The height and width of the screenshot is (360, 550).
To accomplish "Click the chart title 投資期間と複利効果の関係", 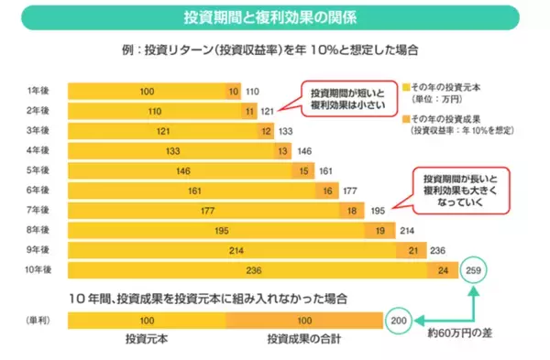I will [x=275, y=17].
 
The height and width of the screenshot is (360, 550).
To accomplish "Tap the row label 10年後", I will [x=40, y=270].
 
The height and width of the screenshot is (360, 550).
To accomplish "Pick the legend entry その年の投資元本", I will [x=457, y=86].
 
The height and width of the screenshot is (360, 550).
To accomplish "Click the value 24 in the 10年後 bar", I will [x=443, y=270].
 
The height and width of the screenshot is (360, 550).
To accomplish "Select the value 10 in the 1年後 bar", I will [x=234, y=92].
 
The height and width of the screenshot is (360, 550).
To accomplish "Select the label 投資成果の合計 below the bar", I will [x=302, y=339].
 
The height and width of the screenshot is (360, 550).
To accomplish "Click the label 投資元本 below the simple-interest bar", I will [x=147, y=339].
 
